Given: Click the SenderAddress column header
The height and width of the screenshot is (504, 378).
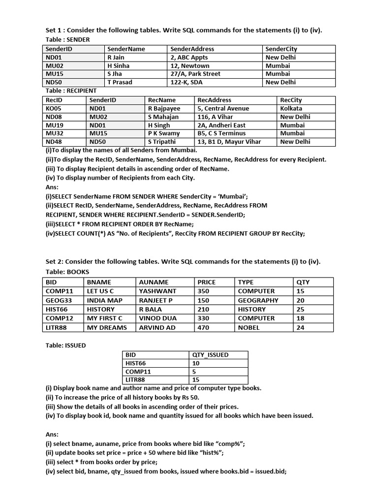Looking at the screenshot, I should tap(192, 49).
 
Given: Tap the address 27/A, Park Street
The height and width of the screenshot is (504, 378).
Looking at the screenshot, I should tap(195, 74).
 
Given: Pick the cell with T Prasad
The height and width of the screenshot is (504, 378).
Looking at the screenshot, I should tap(120, 82).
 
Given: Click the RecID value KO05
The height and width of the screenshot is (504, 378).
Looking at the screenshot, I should tap(54, 108).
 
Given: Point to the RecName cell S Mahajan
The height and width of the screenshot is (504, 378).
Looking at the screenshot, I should tap(163, 117).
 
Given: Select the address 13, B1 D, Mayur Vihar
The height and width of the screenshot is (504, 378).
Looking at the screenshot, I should tap(229, 142).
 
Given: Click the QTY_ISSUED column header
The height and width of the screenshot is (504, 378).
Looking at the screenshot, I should tap(211, 354).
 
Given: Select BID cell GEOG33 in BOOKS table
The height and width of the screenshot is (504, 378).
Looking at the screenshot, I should tap(59, 300).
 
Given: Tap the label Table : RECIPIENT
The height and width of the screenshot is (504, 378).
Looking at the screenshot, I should tap(71, 91).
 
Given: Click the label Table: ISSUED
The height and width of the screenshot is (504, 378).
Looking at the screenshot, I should tap(65, 346).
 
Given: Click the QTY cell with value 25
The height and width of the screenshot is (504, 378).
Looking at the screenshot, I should tap(300, 309).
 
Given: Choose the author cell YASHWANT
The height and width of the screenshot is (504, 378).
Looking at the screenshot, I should tap(157, 291).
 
